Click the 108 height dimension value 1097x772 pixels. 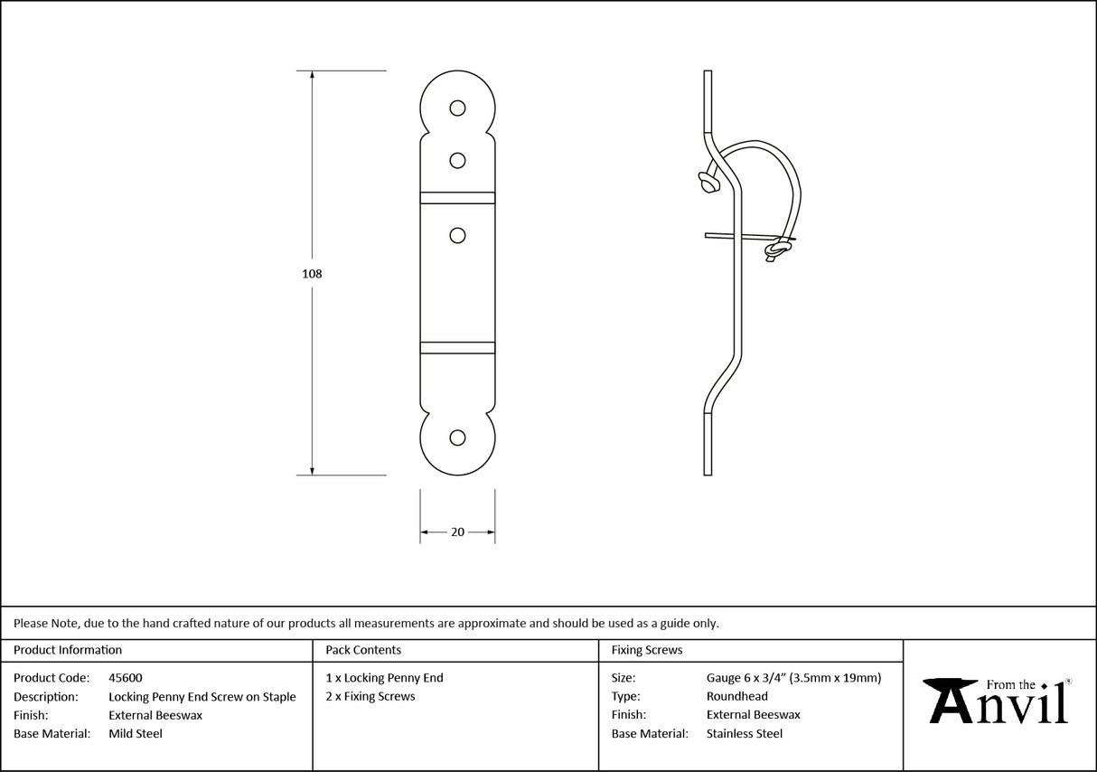312,273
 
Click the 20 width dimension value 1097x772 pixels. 457,532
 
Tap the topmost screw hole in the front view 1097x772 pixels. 458,108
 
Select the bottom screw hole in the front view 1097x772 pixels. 458,438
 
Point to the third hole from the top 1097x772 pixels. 458,236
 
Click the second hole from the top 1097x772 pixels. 458,161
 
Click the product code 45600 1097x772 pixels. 125,677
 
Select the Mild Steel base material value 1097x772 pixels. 136,734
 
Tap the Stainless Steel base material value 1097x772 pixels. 744,734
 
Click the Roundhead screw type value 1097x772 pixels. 736,696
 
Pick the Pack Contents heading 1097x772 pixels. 363,650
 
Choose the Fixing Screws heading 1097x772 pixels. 647,650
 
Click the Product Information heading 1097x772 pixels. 68,650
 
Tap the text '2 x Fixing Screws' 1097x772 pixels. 370,696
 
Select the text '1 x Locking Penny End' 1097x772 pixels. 384,677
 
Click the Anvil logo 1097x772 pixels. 999,701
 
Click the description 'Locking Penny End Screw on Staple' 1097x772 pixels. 202,697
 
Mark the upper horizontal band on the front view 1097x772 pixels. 457,196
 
